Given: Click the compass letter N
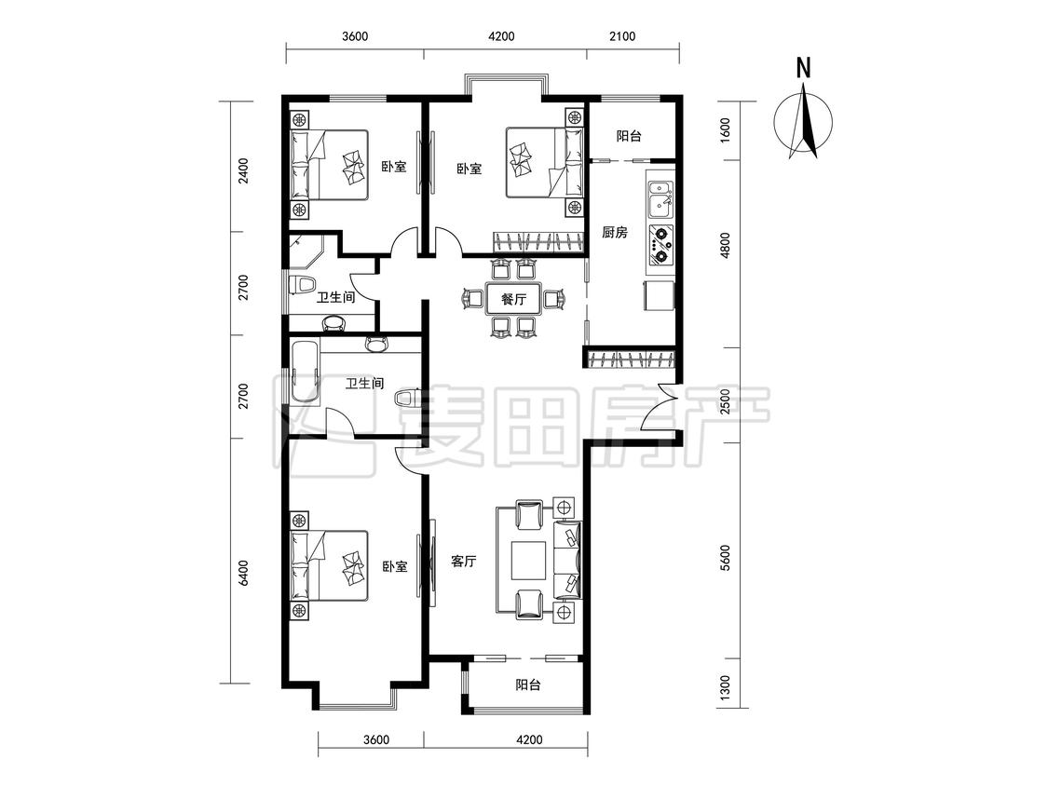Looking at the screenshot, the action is click(x=804, y=68).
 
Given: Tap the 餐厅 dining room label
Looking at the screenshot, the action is click(x=513, y=299).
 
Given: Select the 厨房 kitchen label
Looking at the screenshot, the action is click(x=614, y=233).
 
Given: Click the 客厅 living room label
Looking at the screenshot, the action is click(x=463, y=561).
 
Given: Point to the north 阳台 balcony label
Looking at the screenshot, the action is click(x=628, y=136).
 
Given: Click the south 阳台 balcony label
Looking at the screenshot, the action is click(x=527, y=685).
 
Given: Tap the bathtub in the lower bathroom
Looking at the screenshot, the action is click(x=305, y=372).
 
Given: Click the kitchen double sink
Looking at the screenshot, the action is click(x=660, y=200).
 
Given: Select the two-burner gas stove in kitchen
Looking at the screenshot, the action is click(x=660, y=245).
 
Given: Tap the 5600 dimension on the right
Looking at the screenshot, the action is click(x=726, y=559).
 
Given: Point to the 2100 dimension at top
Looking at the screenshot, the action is click(x=621, y=36).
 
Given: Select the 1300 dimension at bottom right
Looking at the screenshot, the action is click(x=726, y=686).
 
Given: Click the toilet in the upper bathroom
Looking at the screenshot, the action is click(x=302, y=284).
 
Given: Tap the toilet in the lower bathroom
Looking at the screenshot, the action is click(x=407, y=399).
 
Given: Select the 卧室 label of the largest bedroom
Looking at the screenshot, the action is click(x=395, y=566).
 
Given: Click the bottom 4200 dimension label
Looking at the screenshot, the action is click(x=529, y=739).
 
